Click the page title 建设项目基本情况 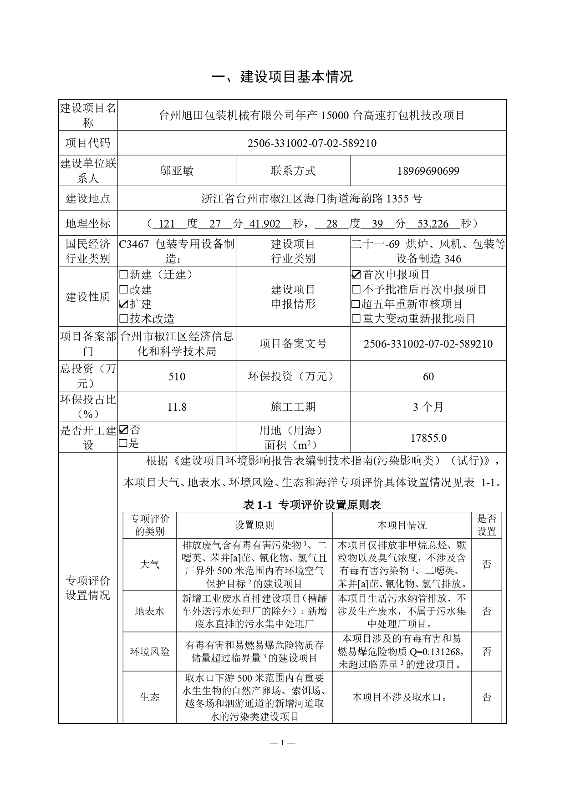tap(282, 77)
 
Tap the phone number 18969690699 tap(428, 171)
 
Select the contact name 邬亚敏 tap(177, 171)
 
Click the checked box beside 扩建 tap(123, 304)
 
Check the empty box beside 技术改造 tap(123, 319)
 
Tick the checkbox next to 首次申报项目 tap(356, 275)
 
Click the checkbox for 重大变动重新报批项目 tap(356, 319)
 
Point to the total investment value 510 tap(177, 377)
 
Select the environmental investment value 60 tap(428, 377)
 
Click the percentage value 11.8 tap(177, 407)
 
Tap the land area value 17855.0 tap(428, 438)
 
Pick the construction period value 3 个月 tap(428, 407)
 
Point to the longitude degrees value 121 tap(167, 224)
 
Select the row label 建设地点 tap(88, 199)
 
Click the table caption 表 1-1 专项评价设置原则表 tap(312, 504)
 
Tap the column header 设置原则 tap(254, 525)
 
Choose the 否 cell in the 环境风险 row tap(486, 652)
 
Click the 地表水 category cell tap(149, 611)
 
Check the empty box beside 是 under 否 tap(123, 444)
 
